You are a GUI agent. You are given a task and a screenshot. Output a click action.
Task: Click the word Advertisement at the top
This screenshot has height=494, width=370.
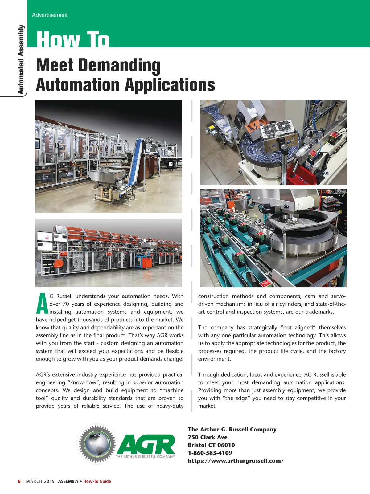coord(50,15)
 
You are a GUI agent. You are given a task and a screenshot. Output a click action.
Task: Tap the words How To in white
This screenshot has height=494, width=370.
coord(73,39)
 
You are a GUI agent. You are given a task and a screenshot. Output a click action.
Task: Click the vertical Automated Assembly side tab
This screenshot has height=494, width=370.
coord(21,59)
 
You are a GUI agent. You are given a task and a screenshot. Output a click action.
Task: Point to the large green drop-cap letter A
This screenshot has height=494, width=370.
coord(42,304)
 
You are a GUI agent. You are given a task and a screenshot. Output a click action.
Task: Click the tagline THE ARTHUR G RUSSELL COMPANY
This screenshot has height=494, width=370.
coord(145,457)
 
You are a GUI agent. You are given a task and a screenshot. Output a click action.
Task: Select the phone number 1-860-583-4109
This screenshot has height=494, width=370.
coord(210,453)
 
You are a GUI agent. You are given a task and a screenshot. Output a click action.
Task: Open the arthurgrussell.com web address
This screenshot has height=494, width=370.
coord(236,461)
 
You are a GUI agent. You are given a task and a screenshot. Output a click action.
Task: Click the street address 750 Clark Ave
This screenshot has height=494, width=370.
coord(208,437)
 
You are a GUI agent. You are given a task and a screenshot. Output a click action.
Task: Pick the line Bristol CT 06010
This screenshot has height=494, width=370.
coord(211,445)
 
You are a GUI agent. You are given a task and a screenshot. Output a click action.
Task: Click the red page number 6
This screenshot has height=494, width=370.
coord(19,481)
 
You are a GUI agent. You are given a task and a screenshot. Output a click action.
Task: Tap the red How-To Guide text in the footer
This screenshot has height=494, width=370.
coord(97,481)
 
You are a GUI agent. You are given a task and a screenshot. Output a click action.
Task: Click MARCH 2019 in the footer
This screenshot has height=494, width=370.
coord(40,481)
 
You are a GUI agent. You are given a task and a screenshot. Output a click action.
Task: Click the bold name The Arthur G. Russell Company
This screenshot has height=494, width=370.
coord(232,429)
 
